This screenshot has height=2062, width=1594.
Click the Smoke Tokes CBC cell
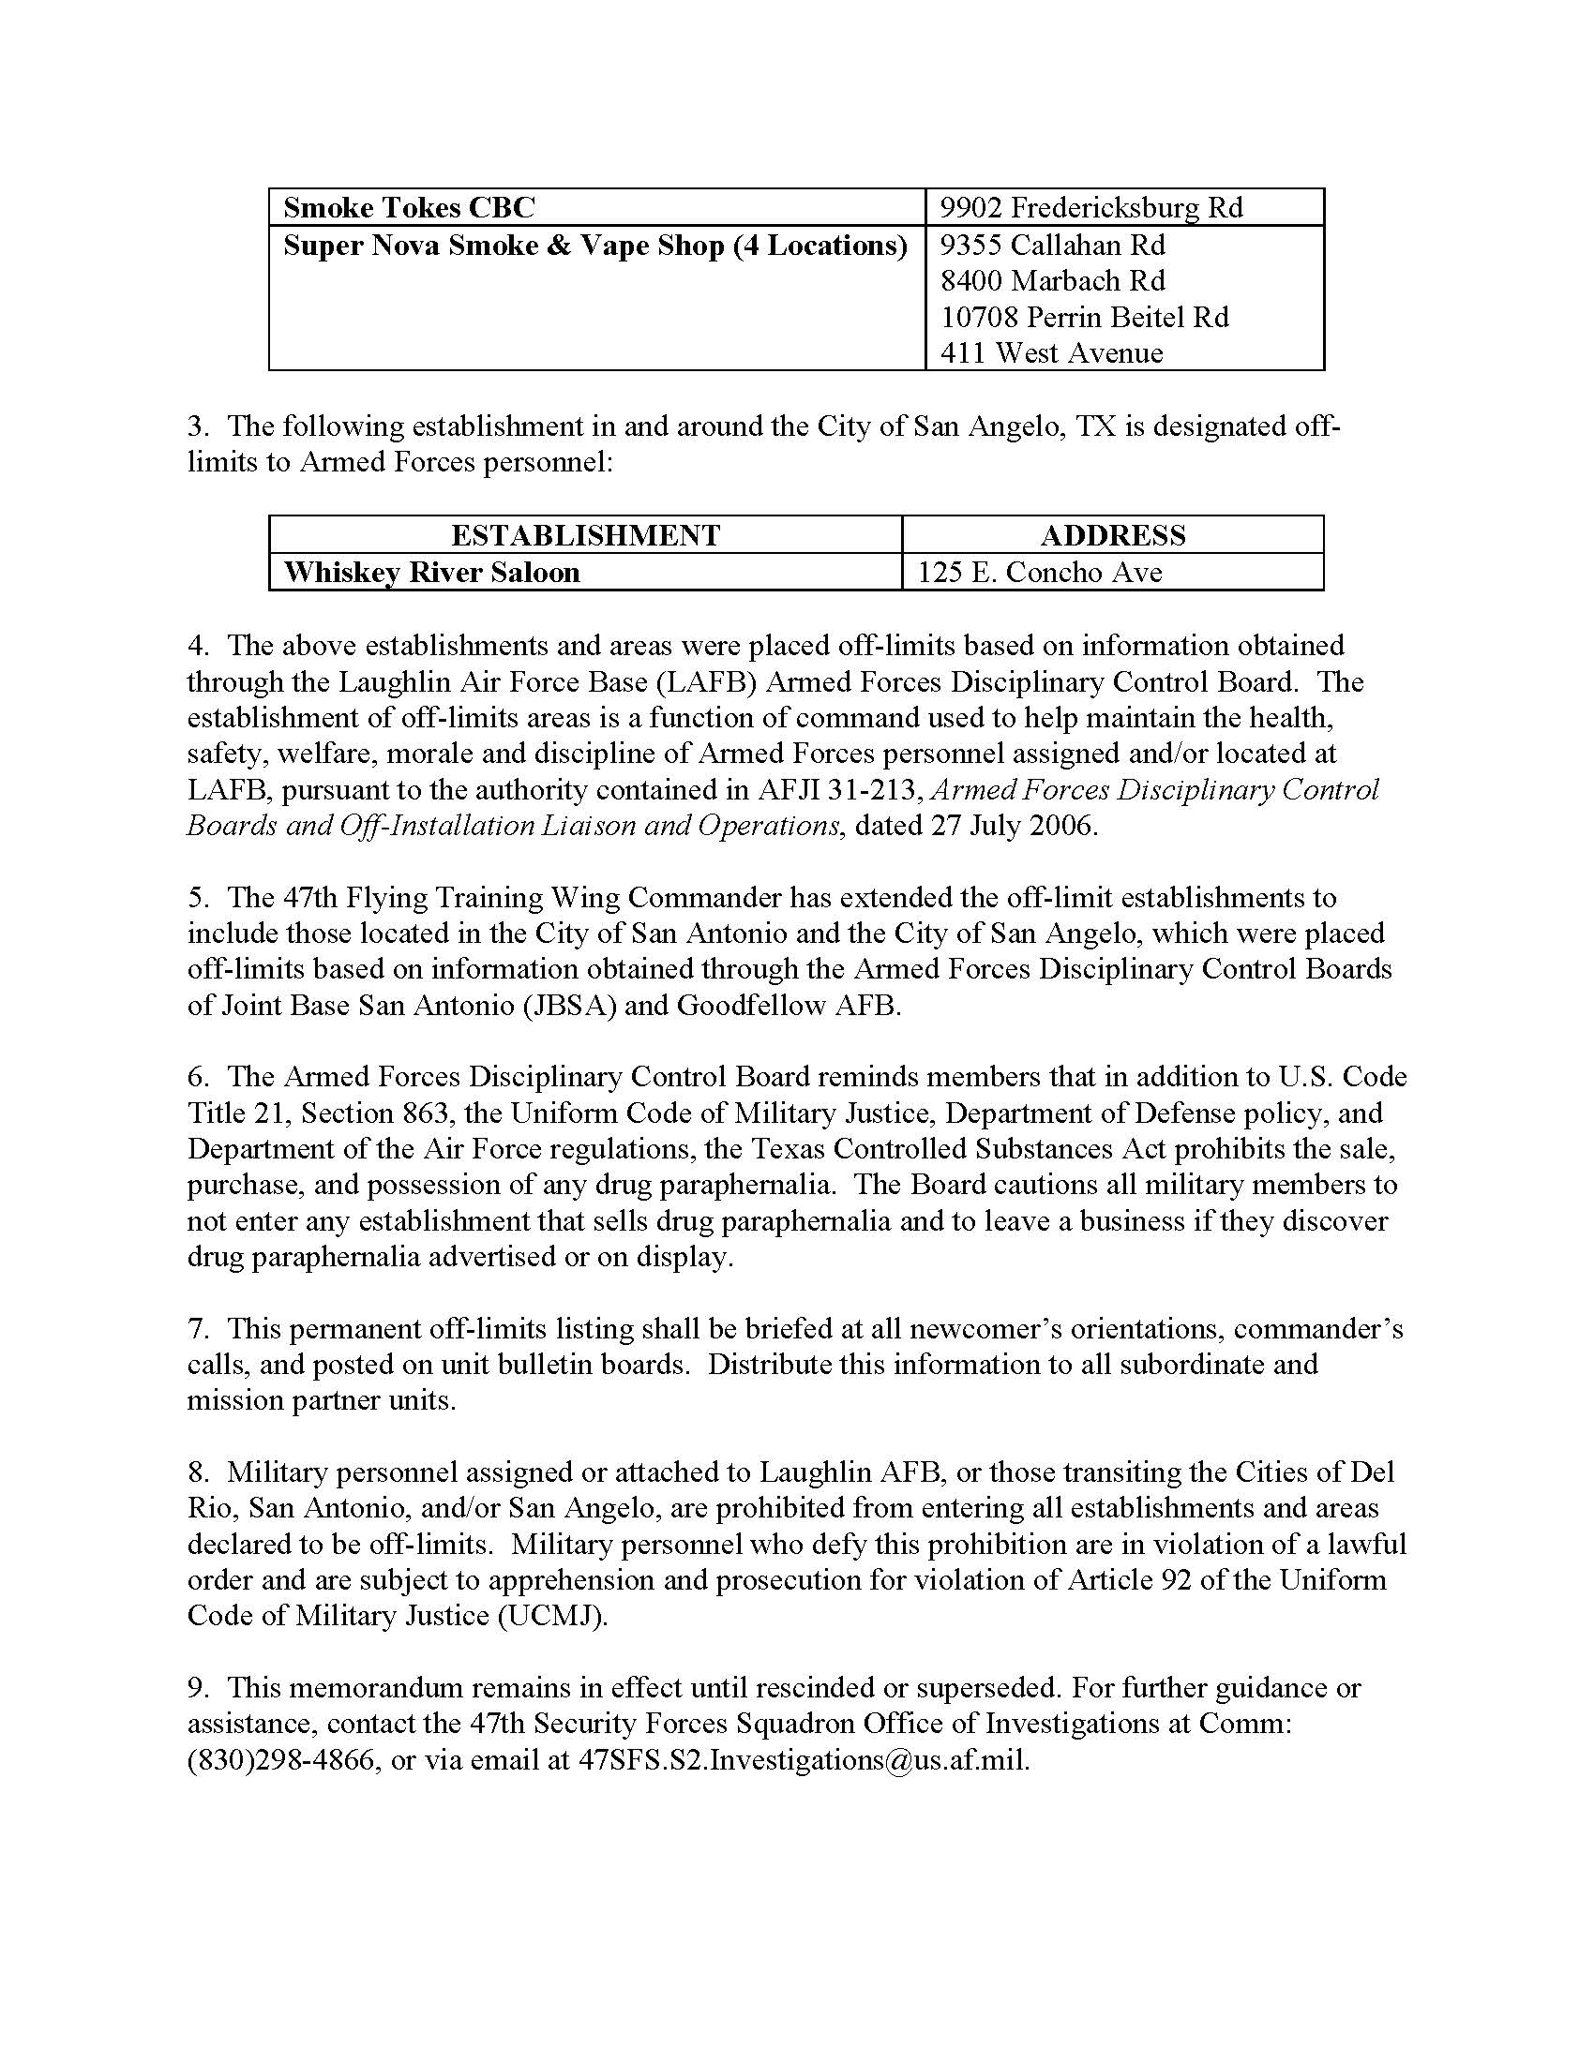click(409, 208)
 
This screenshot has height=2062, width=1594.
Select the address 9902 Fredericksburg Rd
click(1091, 208)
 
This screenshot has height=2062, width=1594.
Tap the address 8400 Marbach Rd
click(1052, 281)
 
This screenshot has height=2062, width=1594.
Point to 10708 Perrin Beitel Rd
click(1084, 317)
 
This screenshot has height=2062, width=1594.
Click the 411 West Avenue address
click(1051, 353)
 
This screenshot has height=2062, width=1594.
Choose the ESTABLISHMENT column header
click(585, 535)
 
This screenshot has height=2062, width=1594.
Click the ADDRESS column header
click(1112, 535)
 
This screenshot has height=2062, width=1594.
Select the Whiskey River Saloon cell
click(431, 572)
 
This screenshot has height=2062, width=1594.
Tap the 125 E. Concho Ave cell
click(1039, 572)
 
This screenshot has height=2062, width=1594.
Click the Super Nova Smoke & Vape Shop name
click(594, 246)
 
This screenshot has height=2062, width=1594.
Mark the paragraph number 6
click(196, 1077)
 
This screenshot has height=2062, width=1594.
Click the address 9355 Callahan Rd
click(1052, 246)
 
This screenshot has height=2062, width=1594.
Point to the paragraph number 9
click(196, 1688)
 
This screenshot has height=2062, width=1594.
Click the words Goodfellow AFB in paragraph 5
click(789, 1006)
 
